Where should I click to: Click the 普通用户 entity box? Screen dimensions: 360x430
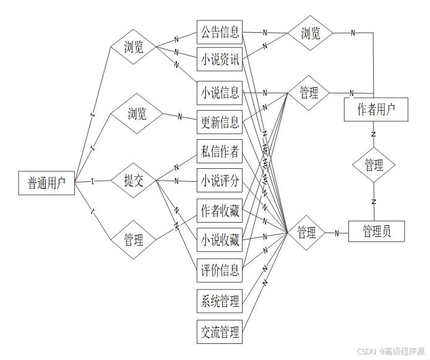click(x=46, y=182)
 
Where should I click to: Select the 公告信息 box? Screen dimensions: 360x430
click(x=219, y=32)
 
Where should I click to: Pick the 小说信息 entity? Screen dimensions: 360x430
click(x=219, y=93)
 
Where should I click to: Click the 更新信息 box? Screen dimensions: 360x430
click(x=219, y=122)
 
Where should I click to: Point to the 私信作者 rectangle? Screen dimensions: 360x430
click(x=219, y=151)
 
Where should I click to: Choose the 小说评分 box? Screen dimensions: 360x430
click(x=219, y=181)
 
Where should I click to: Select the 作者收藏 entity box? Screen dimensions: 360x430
click(x=219, y=211)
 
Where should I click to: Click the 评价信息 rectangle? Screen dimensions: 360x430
click(x=219, y=270)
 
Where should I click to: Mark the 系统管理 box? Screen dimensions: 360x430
click(x=219, y=302)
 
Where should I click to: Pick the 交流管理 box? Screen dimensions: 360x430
click(x=219, y=332)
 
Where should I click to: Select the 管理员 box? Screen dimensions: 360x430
click(x=376, y=231)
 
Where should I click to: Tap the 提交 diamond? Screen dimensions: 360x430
click(x=134, y=181)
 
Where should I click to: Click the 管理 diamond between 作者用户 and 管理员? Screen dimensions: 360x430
click(x=374, y=165)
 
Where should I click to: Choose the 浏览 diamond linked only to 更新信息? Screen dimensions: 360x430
click(x=137, y=113)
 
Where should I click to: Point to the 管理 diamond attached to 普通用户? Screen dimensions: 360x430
click(x=134, y=239)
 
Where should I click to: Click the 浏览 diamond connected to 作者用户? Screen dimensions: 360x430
click(x=310, y=33)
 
